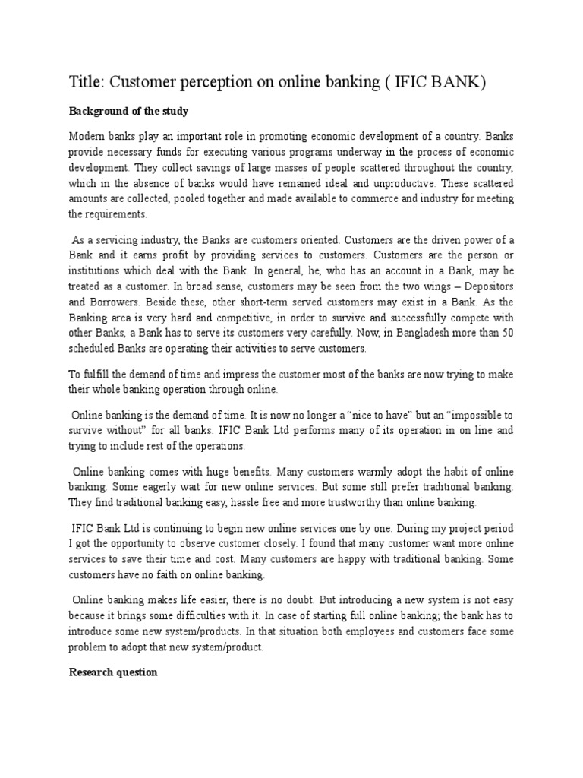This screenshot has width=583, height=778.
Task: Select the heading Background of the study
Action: pos(128,111)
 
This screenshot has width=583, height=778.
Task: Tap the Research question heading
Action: pos(113,672)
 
